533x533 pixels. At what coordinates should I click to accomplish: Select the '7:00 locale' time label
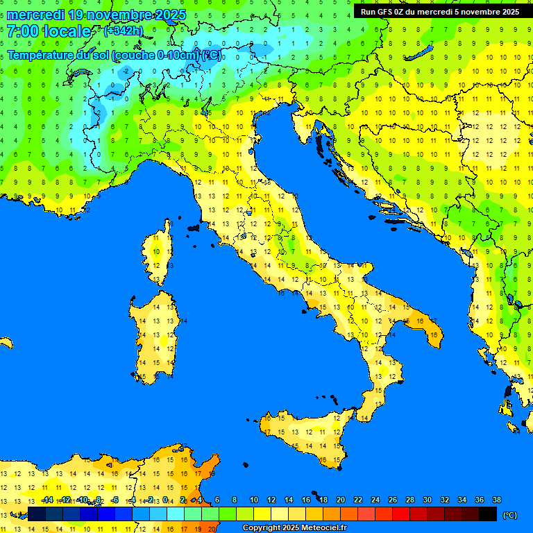(x=49, y=31)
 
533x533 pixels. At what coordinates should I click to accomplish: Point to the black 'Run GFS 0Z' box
(x=439, y=11)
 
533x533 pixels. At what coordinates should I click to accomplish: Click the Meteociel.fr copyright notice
(x=294, y=528)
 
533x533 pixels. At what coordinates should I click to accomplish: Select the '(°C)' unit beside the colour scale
(x=509, y=515)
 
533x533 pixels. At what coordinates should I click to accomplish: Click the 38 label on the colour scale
(x=496, y=500)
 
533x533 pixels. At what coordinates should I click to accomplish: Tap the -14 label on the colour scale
(x=47, y=500)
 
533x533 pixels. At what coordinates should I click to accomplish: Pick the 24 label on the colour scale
(x=375, y=500)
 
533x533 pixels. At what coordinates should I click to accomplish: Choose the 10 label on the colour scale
(x=254, y=500)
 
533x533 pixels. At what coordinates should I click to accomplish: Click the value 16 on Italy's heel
(x=433, y=335)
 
